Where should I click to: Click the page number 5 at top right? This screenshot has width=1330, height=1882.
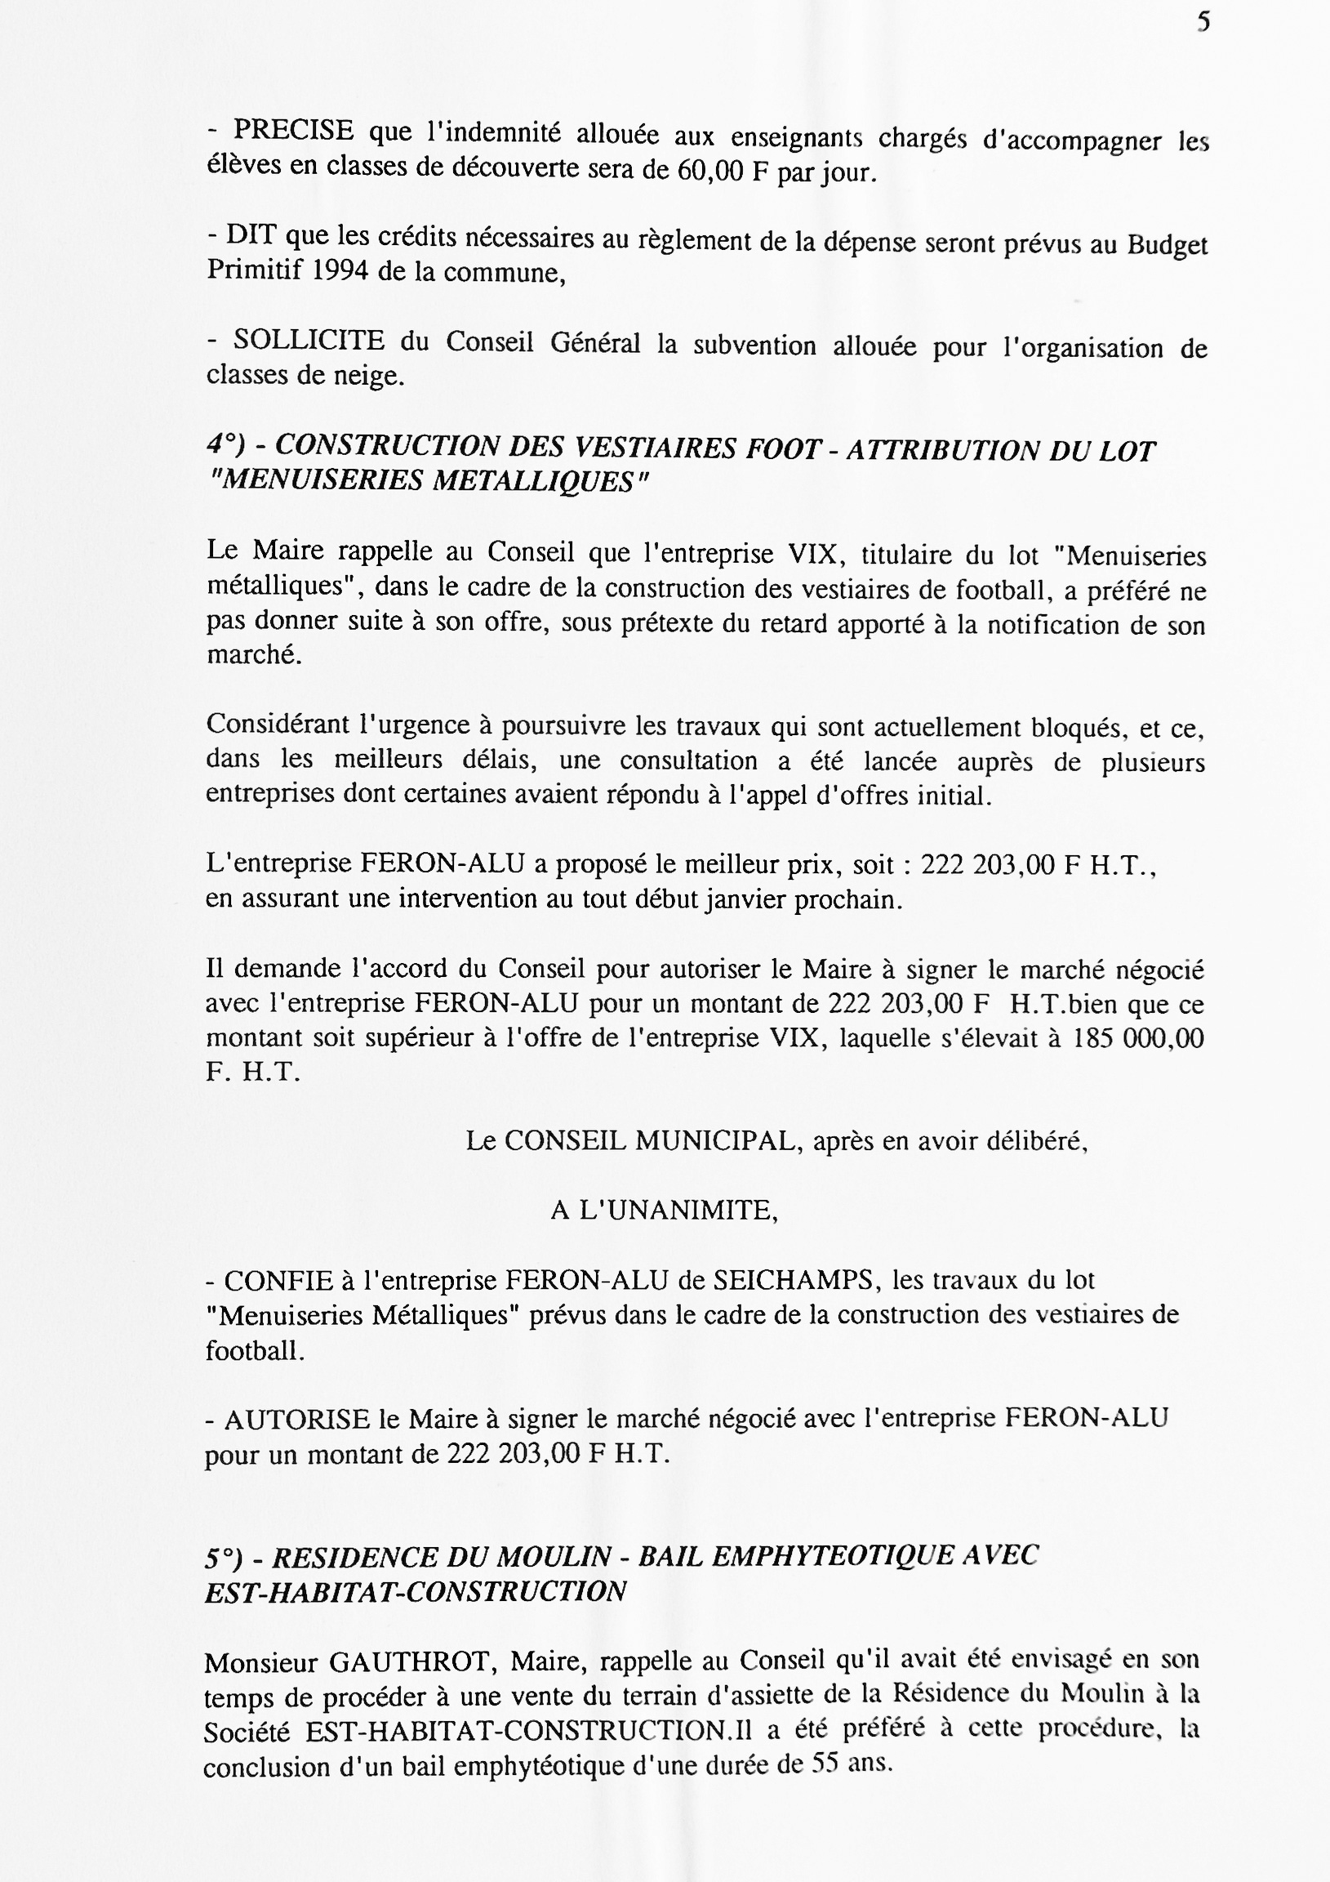coord(1203,22)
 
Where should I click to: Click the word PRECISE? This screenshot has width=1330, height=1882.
coord(293,132)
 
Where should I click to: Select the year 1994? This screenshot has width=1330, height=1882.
coord(340,271)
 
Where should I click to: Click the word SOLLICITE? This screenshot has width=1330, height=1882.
coord(309,340)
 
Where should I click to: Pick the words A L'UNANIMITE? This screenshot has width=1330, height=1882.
coord(664,1211)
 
